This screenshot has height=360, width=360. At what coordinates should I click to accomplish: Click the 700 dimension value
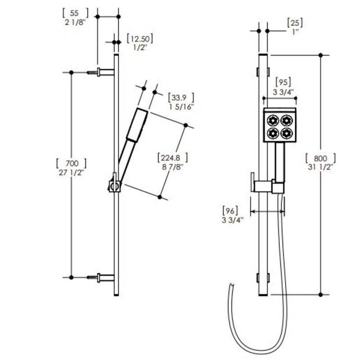[72, 163]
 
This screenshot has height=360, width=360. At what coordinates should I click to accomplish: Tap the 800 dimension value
[320, 158]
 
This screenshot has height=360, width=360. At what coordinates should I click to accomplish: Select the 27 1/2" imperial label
[72, 173]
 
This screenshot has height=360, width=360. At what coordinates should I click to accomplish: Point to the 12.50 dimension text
[140, 39]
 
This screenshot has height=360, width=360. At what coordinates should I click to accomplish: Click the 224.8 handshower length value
[171, 158]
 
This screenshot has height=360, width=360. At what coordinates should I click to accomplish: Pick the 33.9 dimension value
[179, 98]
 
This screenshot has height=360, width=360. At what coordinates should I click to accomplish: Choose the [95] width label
[283, 82]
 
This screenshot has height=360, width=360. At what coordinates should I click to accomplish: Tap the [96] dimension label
[230, 210]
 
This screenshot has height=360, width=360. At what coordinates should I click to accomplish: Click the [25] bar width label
[295, 22]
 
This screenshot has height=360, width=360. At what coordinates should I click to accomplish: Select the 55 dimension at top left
[74, 13]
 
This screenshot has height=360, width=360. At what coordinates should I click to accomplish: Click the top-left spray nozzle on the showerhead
[273, 120]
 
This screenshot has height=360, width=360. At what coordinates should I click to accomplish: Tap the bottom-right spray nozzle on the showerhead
[286, 133]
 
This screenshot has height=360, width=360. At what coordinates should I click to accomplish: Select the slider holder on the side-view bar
[114, 185]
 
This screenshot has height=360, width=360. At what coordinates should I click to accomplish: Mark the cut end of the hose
[232, 285]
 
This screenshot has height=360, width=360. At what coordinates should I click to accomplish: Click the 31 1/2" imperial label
[320, 167]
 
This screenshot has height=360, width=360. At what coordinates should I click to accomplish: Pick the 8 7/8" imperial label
[173, 166]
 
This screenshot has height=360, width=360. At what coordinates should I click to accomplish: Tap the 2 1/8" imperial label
[75, 22]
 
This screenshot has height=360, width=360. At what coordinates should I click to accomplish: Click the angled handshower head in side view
[137, 125]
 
